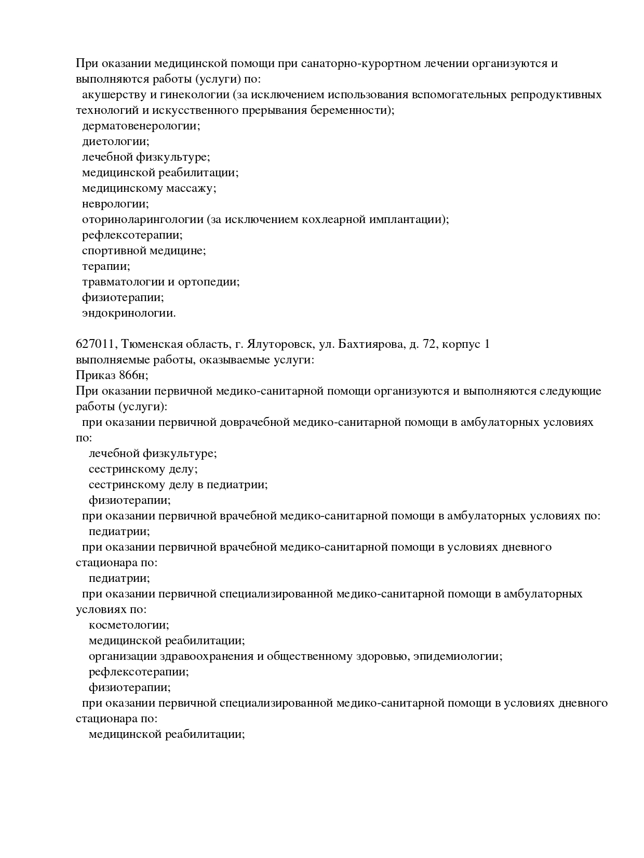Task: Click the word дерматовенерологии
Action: pyautogui.click(x=140, y=126)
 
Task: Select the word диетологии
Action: pyautogui.click(x=115, y=141)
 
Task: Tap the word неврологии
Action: pyautogui.click(x=115, y=204)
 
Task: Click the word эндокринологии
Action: pyautogui.click(x=128, y=313)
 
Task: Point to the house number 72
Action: pyautogui.click(x=429, y=344)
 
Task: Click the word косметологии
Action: pyautogui.click(x=128, y=625)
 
